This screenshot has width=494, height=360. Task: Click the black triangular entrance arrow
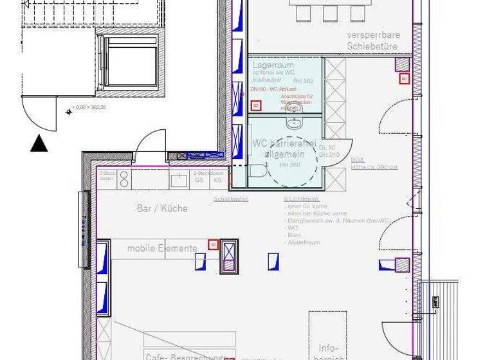[x=39, y=144]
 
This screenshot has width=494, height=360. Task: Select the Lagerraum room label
[x=273, y=66]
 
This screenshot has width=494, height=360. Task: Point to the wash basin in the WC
[x=295, y=123]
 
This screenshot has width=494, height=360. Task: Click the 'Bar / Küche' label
[x=162, y=208]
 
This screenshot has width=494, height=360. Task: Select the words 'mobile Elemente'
[x=162, y=248]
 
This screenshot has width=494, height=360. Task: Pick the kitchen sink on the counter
[x=179, y=181]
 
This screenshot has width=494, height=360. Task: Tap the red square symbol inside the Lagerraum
[x=255, y=105]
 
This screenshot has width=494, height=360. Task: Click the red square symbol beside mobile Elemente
[x=213, y=244]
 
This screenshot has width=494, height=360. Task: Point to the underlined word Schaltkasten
[x=232, y=199]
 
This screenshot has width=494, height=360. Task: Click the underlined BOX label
[x=357, y=159]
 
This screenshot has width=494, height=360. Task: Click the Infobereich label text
[x=328, y=353]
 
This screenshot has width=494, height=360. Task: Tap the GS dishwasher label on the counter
[x=199, y=181]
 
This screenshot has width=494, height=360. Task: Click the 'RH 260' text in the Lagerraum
[x=311, y=81]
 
